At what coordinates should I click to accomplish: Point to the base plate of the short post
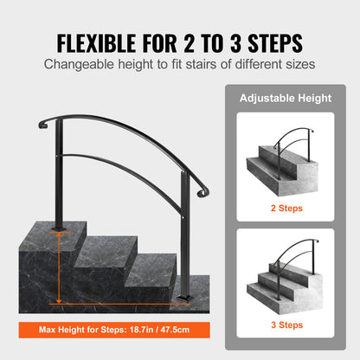click(x=184, y=299)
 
